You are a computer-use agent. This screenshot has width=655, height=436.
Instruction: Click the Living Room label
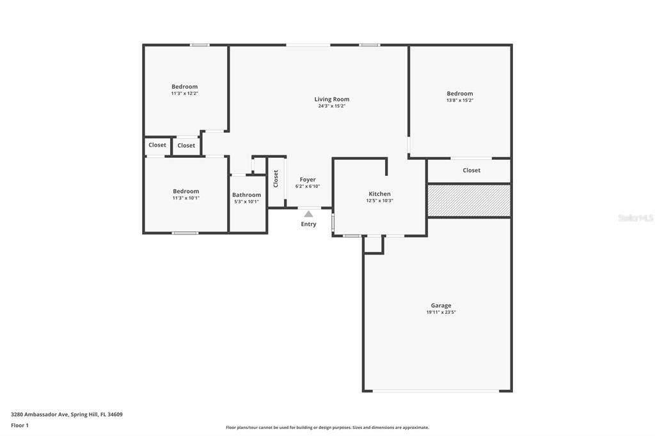click(332, 99)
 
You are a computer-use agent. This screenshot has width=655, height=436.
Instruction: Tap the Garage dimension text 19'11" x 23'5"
click(441, 312)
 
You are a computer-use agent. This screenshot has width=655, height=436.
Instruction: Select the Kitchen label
click(380, 194)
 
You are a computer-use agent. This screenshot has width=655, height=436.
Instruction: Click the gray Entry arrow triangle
click(308, 214)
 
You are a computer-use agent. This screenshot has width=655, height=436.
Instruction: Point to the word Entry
click(309, 224)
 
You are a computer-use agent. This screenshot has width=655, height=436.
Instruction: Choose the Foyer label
click(308, 180)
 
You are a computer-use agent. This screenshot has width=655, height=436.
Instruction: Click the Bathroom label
click(246, 194)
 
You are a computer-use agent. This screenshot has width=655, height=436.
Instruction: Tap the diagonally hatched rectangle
click(469, 201)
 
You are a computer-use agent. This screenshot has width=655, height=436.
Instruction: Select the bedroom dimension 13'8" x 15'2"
click(459, 100)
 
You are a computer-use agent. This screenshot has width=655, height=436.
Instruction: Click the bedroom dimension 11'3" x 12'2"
click(184, 93)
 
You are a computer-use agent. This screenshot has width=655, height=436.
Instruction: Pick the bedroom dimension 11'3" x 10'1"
click(186, 198)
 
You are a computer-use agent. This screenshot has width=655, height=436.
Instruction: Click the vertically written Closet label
click(276, 179)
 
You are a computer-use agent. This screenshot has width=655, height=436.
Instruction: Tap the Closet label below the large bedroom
click(471, 171)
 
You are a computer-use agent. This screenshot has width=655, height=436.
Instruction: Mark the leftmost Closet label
click(157, 145)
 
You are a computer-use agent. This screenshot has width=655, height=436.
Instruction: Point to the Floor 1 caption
click(20, 426)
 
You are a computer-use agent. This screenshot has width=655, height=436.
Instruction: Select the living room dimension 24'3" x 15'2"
click(332, 106)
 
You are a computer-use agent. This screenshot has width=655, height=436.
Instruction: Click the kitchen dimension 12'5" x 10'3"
click(380, 201)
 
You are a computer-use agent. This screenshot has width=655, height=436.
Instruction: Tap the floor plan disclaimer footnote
click(327, 427)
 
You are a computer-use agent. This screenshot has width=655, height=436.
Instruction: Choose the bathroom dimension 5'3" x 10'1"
click(246, 202)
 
